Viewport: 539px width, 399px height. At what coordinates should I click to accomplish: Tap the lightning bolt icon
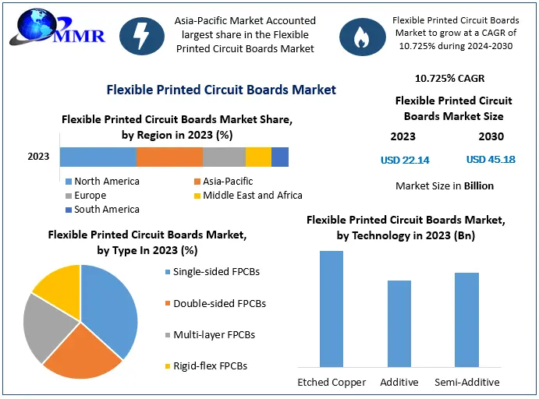142,35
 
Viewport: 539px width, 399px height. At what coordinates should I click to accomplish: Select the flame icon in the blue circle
361,35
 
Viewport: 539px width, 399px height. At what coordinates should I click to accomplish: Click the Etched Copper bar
332,309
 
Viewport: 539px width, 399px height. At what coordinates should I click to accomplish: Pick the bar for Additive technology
399,323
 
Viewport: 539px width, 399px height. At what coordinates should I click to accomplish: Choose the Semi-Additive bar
466,320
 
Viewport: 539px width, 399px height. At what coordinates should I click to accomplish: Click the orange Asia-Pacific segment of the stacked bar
169,157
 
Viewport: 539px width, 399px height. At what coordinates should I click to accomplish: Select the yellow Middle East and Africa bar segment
258,157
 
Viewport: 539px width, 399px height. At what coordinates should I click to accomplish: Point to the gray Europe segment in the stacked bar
224,157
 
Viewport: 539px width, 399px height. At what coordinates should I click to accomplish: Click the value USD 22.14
405,160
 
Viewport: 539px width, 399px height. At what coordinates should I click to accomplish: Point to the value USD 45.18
491,160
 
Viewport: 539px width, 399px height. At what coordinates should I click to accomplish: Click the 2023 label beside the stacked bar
38,157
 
